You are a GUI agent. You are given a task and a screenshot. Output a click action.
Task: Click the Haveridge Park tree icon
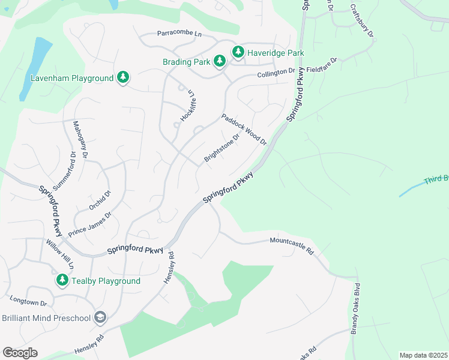238,53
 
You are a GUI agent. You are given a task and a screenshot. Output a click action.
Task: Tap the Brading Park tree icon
220,61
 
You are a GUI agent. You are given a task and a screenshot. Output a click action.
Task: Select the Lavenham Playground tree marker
123,78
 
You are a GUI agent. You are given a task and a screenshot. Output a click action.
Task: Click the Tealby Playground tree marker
62,280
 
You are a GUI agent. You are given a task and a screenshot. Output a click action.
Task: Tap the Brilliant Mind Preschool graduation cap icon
100,317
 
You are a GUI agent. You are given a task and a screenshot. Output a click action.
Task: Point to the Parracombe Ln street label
179,34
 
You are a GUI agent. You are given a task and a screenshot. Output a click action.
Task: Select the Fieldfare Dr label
322,65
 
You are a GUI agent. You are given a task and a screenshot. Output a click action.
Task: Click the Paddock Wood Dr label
244,129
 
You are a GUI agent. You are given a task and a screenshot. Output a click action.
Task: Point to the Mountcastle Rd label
292,246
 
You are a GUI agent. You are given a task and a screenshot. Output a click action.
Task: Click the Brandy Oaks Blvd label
355,308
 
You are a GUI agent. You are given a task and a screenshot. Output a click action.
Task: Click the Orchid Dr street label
100,200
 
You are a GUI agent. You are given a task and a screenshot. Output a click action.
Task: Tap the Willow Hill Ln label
60,254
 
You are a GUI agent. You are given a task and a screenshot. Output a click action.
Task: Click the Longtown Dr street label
28,301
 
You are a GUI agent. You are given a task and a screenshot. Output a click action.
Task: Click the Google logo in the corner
20,352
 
